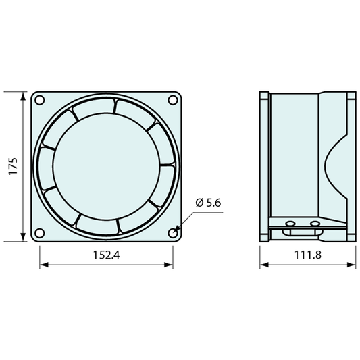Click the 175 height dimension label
point(13,166)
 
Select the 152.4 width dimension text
point(106,255)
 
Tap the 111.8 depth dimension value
point(307,255)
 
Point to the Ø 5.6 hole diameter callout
point(208,203)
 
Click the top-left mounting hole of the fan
point(39,100)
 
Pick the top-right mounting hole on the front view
point(173,100)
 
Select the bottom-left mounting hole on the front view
point(39,233)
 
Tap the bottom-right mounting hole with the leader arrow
point(173,233)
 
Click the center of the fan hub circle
point(106,166)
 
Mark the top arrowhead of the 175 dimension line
point(23,96)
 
